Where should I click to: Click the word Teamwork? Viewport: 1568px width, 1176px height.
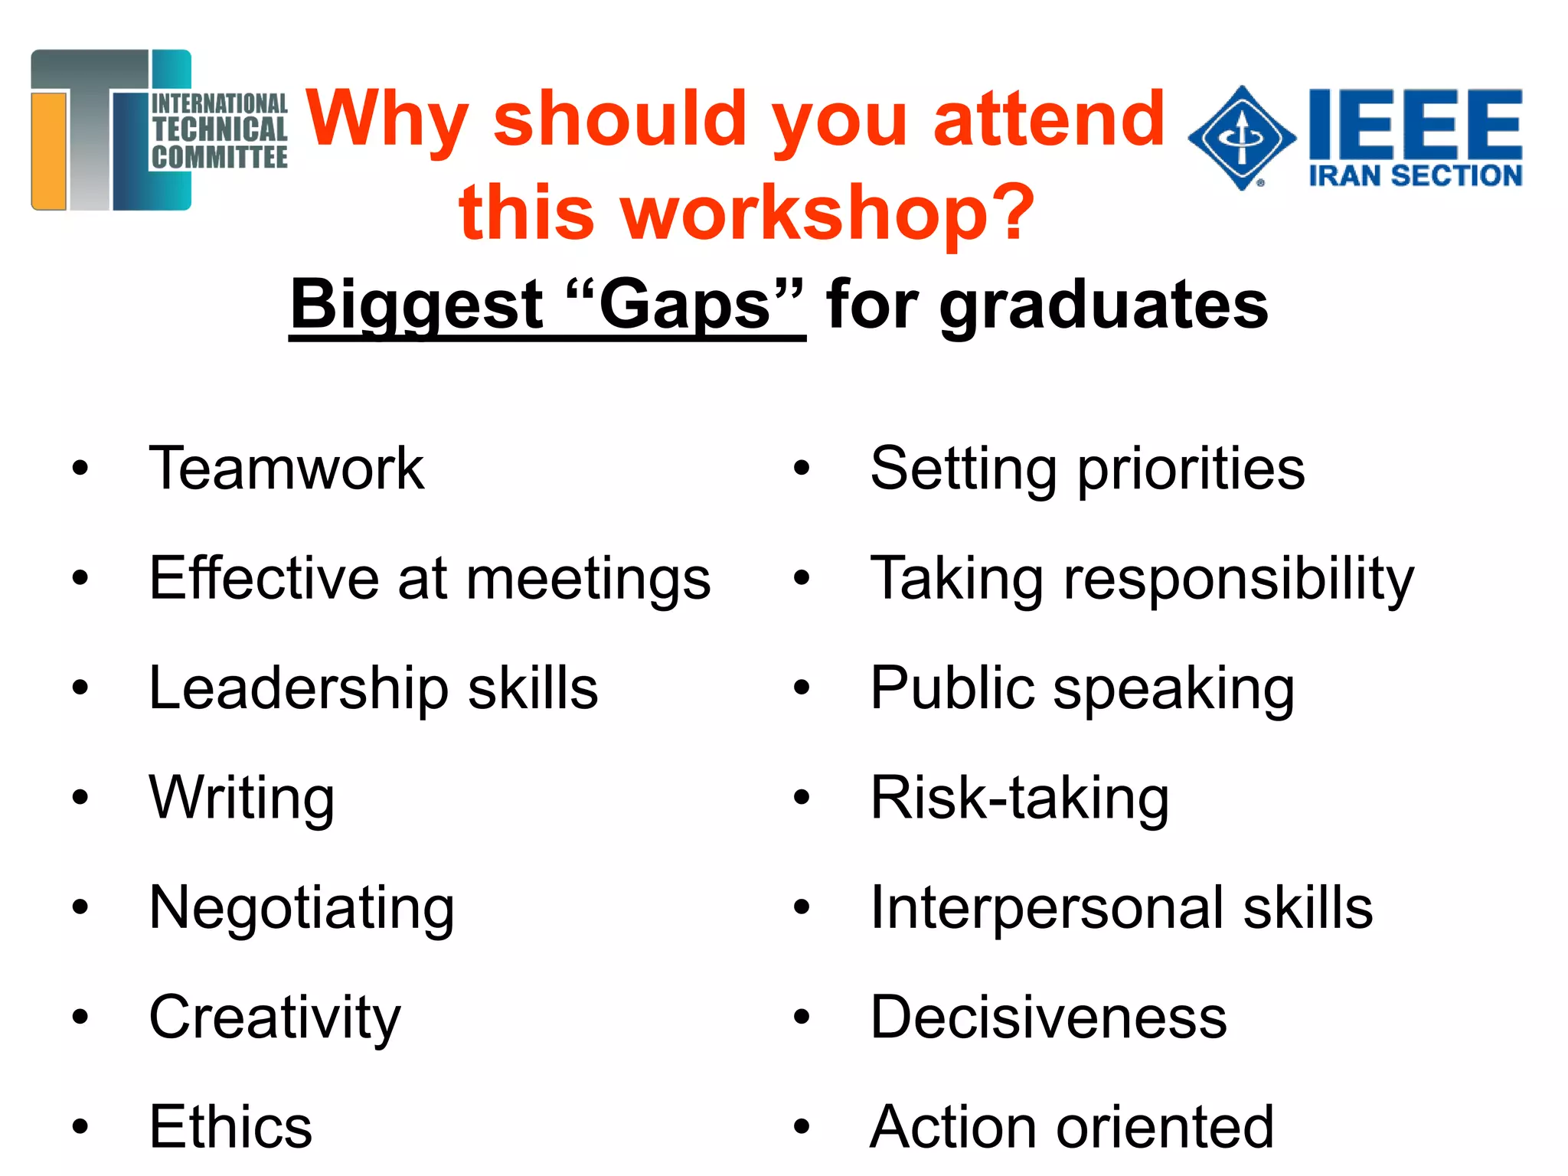pyautogui.click(x=286, y=468)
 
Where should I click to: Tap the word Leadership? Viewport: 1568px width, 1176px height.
pyautogui.click(x=299, y=688)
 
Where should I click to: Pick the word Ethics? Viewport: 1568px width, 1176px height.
pyautogui.click(x=230, y=1126)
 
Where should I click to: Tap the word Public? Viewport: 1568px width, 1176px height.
pyautogui.click(x=952, y=688)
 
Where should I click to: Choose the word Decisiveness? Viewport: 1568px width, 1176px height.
pyautogui.click(x=1048, y=1018)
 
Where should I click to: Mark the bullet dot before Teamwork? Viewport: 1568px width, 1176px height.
pyautogui.click(x=80, y=468)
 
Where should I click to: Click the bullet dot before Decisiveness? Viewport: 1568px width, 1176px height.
pyautogui.click(x=802, y=1018)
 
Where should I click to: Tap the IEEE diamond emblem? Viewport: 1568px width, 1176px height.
pyautogui.click(x=1242, y=138)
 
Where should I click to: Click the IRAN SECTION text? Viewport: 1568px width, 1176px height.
pyautogui.click(x=1415, y=176)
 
